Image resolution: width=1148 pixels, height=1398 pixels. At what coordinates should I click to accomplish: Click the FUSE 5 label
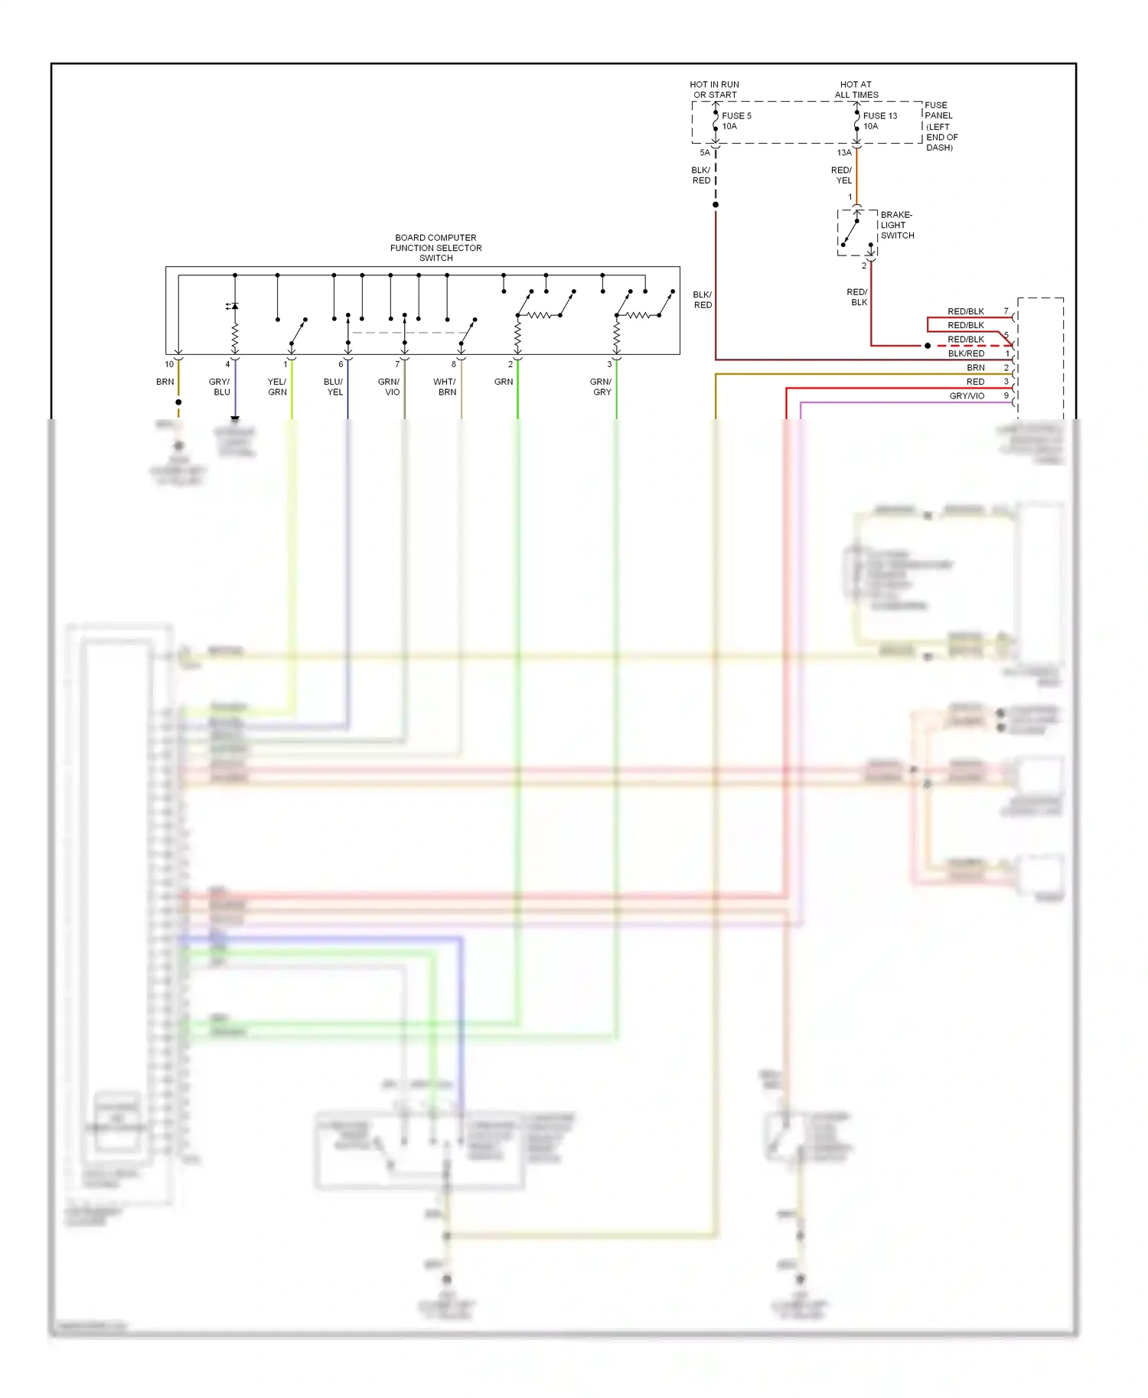(736, 116)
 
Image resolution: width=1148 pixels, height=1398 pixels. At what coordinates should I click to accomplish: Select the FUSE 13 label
(879, 116)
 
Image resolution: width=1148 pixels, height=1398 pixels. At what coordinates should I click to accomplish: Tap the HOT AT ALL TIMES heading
(856, 90)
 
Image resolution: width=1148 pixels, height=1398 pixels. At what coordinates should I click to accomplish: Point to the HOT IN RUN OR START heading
(714, 90)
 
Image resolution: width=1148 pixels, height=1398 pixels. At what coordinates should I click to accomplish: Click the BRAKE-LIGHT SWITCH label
(896, 225)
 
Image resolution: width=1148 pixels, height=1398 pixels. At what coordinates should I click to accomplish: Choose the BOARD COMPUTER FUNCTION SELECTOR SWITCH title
(435, 248)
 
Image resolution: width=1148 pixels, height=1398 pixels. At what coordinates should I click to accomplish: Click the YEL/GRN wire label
(277, 387)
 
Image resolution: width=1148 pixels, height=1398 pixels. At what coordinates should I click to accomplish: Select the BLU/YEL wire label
(334, 387)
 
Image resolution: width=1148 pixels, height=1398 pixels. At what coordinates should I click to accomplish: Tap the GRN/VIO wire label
(389, 387)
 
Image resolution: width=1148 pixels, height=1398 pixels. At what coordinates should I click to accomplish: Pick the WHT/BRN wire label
(445, 387)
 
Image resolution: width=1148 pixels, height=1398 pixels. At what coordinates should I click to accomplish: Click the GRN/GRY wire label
(601, 387)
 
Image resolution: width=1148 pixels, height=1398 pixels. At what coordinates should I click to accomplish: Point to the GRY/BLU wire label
(220, 387)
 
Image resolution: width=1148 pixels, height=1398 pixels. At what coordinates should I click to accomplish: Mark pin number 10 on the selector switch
(169, 365)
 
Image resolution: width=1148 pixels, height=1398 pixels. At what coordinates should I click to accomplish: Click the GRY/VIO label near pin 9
(967, 396)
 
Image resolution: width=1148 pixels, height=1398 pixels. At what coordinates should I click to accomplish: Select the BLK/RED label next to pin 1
(966, 354)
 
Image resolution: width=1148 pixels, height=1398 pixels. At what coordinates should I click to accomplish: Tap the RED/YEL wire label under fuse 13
(841, 176)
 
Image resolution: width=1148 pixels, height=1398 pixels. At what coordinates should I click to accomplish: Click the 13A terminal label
(843, 153)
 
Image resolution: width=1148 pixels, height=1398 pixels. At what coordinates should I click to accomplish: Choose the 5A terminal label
(705, 153)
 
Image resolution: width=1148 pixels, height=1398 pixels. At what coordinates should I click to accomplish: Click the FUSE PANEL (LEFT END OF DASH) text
(941, 126)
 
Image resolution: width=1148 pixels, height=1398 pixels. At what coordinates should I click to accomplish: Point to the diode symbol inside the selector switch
(233, 306)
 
